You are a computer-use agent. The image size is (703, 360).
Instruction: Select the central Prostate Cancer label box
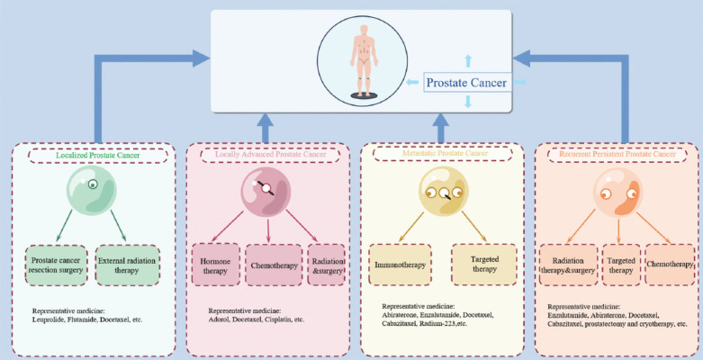466,83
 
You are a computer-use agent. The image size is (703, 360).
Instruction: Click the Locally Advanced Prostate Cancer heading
269,154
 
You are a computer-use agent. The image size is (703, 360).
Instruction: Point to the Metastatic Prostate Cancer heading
440,154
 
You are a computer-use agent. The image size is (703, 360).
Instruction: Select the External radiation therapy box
127,265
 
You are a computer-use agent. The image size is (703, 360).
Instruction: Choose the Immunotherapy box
399,265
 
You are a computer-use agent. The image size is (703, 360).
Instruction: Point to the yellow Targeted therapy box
483,264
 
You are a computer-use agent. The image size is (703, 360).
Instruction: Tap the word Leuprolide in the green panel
50,319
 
